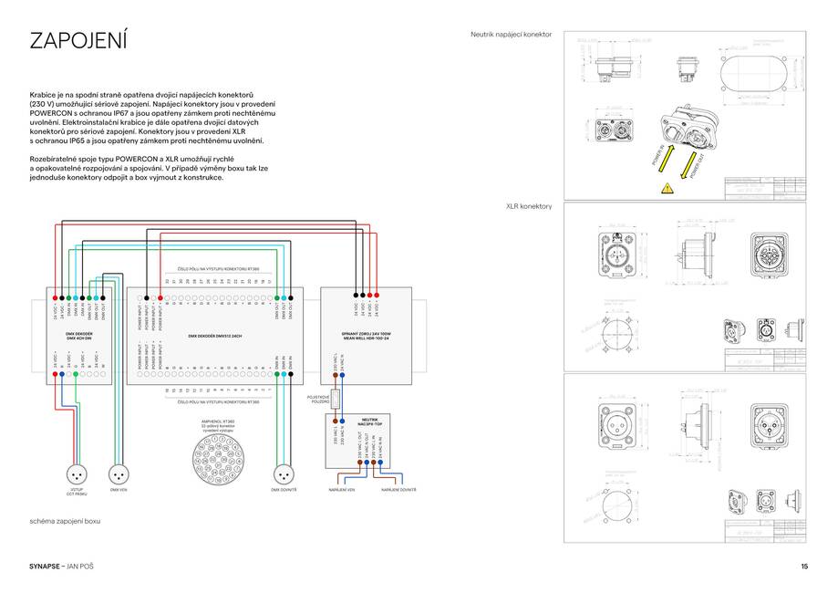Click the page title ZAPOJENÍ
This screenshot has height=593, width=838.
point(78,41)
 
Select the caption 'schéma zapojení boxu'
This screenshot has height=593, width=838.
point(65,521)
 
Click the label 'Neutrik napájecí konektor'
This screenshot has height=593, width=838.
point(512,34)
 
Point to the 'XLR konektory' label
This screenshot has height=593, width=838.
point(529,207)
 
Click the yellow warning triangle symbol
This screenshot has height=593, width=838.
point(667,188)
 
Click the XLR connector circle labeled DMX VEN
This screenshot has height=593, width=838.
point(118,474)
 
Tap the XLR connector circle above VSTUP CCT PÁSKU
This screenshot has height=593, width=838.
point(77,474)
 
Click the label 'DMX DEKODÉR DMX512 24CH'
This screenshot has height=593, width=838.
point(215,336)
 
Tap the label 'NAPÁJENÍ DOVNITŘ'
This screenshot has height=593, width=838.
point(398,491)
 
